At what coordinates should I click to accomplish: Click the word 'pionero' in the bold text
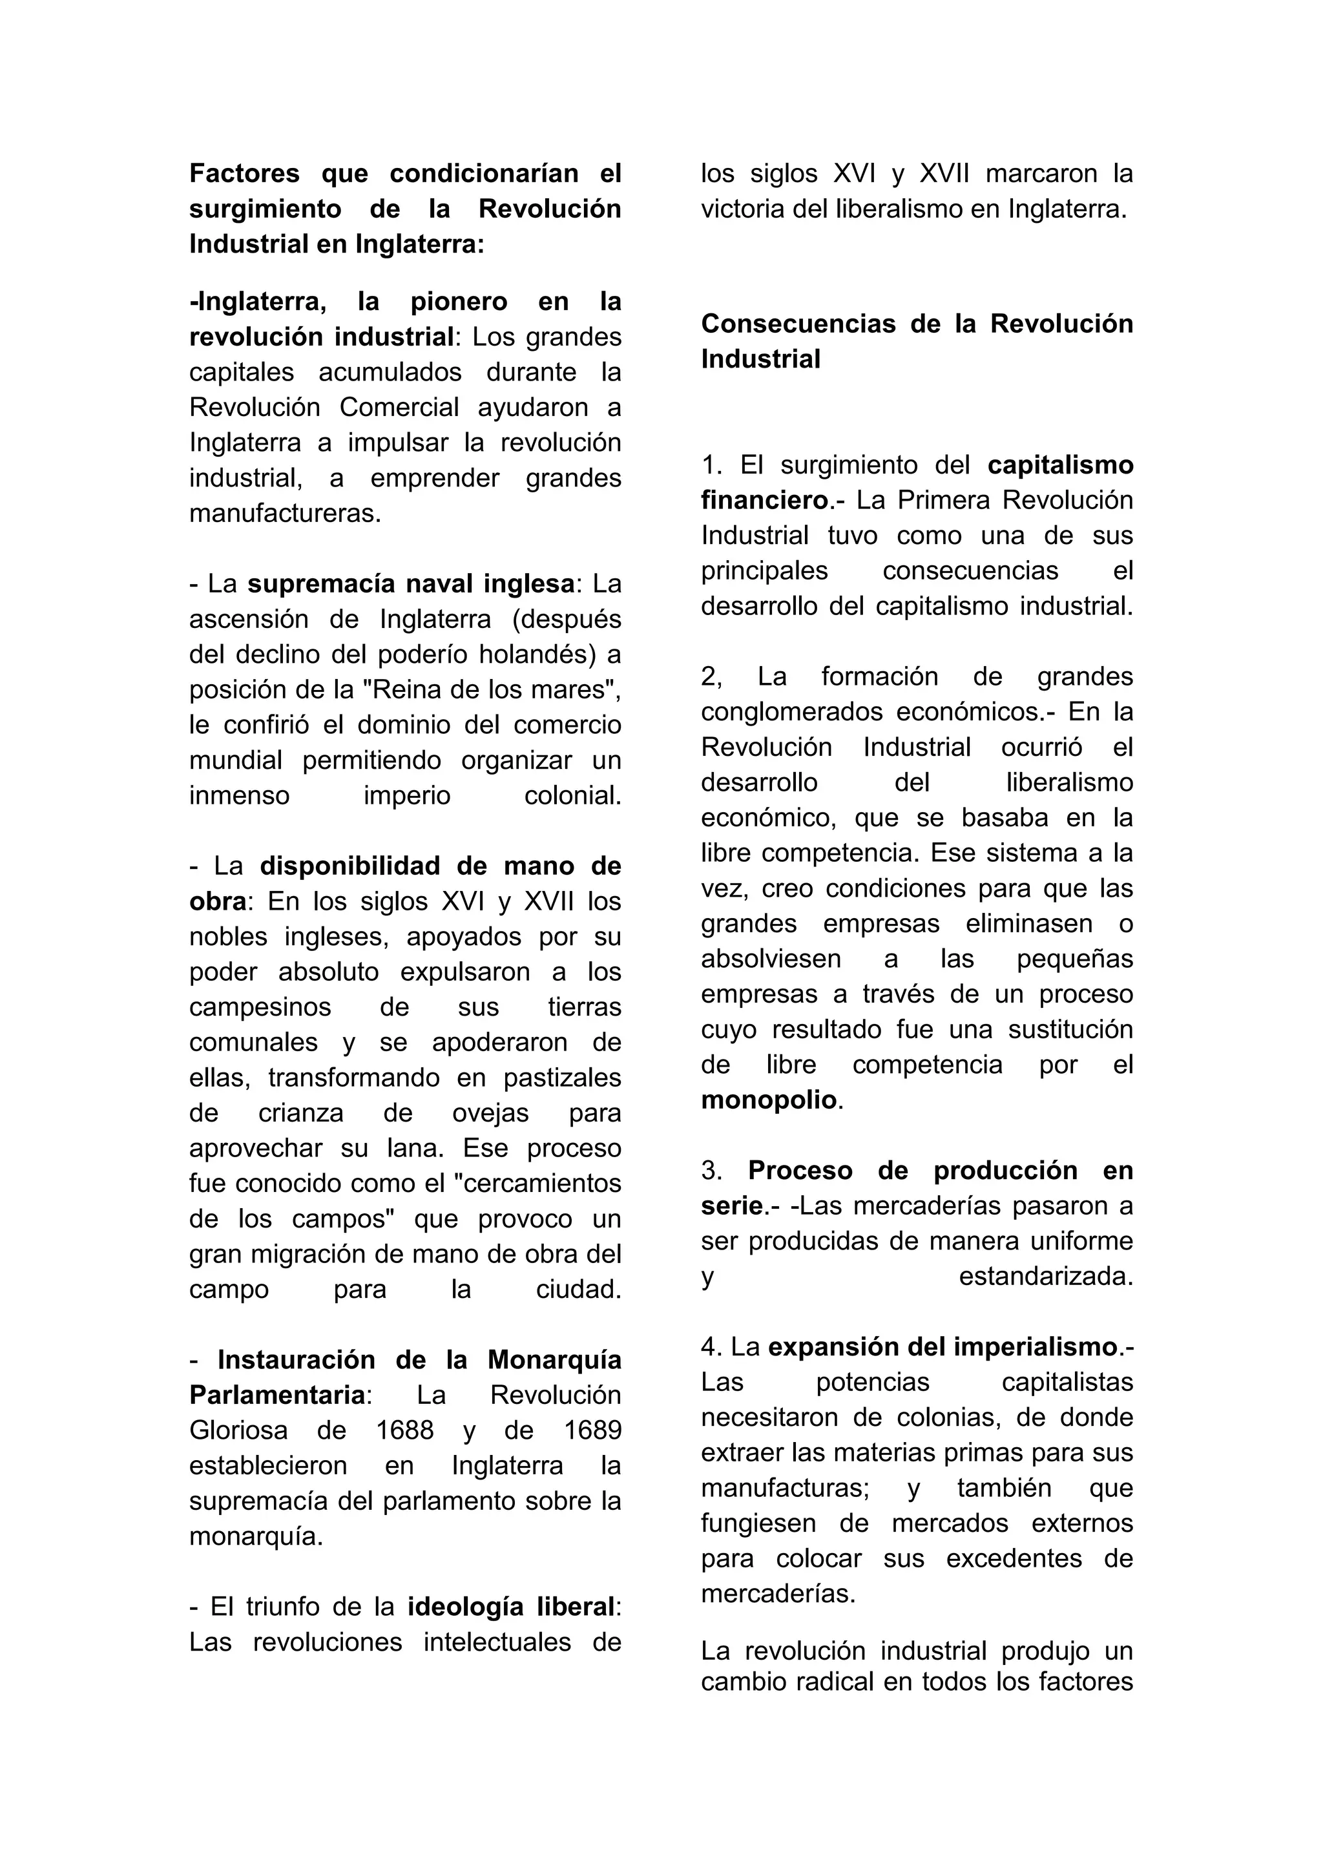coord(459,302)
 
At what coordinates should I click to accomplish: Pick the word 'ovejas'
coord(490,1113)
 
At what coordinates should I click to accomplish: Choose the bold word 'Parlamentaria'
coord(277,1395)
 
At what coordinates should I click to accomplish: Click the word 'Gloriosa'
coord(238,1430)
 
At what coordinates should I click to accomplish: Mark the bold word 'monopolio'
coord(769,1100)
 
